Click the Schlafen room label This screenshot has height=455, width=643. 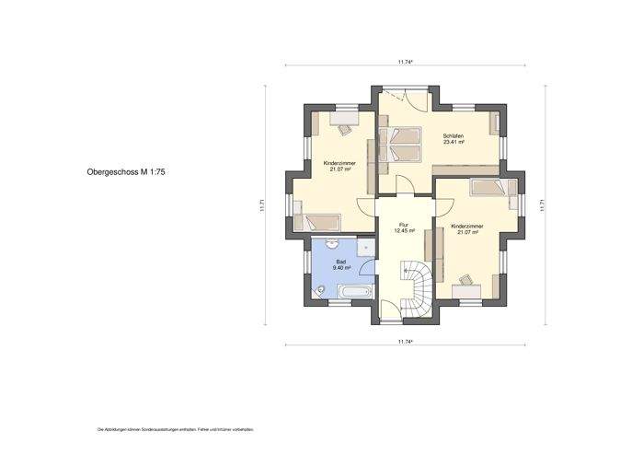453,138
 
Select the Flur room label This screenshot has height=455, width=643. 403,227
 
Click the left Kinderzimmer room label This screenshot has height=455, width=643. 339,166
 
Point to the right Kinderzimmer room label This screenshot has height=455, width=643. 467,228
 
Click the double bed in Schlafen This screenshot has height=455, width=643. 404,145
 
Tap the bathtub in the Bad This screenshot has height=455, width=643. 354,293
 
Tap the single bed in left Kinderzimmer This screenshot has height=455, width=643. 323,221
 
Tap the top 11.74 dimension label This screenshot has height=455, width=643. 405,61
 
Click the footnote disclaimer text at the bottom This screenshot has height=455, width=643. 175,430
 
